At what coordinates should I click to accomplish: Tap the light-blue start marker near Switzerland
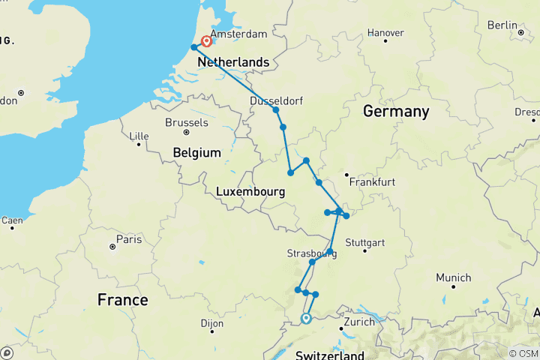pyautogui.click(x=306, y=319)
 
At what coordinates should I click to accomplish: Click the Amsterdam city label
pyautogui.click(x=238, y=34)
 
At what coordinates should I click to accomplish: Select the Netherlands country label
pyautogui.click(x=232, y=62)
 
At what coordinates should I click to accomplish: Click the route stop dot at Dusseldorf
pyautogui.click(x=276, y=110)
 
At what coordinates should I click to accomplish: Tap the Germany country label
pyautogui.click(x=396, y=112)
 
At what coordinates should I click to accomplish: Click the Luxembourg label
pyautogui.click(x=250, y=192)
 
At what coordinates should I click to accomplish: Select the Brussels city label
pyautogui.click(x=186, y=121)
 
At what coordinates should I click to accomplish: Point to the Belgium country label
pyautogui.click(x=196, y=152)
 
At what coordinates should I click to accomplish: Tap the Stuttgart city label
pyautogui.click(x=365, y=243)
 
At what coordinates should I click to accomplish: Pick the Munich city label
pyautogui.click(x=454, y=277)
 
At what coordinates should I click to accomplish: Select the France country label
pyautogui.click(x=122, y=300)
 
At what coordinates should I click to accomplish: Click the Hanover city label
pyautogui.click(x=386, y=33)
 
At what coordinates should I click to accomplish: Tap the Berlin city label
pyautogui.click(x=502, y=25)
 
